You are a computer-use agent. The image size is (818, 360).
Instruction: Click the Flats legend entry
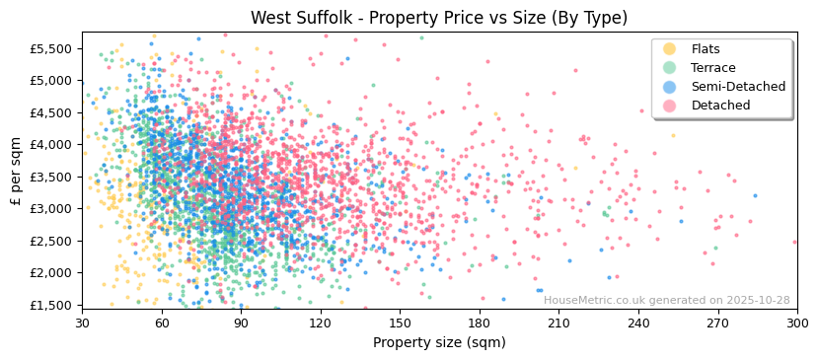coord(705,49)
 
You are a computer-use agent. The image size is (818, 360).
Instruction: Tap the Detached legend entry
coord(720,106)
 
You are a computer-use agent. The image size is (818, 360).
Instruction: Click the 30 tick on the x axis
coord(82,323)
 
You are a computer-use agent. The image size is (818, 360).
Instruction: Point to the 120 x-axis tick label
coord(320,323)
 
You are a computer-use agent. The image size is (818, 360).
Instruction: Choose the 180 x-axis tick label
coord(480,323)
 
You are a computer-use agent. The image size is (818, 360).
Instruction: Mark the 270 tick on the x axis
coord(717,323)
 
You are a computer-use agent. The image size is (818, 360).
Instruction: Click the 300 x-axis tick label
coord(796,323)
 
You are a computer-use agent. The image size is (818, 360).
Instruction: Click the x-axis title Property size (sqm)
coord(438,342)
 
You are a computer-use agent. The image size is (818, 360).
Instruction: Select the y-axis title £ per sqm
coord(17,171)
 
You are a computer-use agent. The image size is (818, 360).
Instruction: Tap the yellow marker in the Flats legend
coord(669,49)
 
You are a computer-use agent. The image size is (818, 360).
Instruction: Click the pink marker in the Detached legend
coord(669,106)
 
